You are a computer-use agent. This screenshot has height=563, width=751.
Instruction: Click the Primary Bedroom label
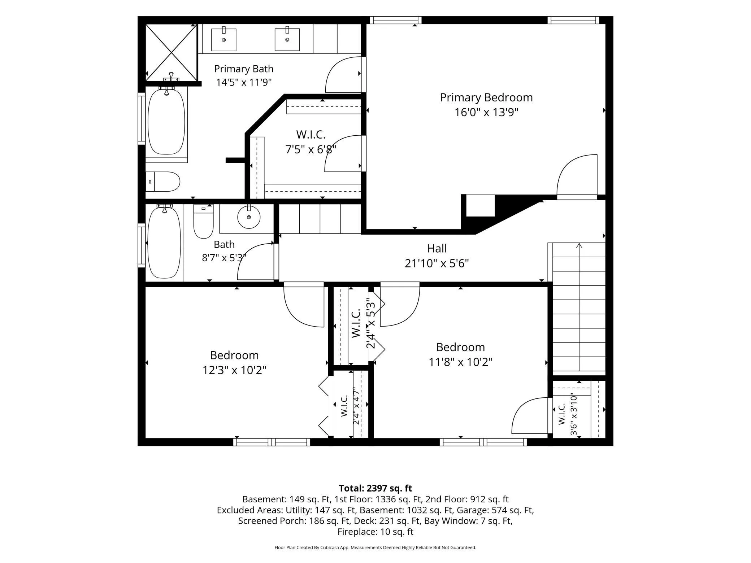click(x=486, y=97)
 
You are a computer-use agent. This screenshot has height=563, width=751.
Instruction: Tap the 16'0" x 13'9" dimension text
click(x=486, y=112)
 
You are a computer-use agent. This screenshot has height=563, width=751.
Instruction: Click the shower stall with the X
click(x=172, y=53)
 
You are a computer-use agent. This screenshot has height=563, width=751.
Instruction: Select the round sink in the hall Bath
click(x=249, y=217)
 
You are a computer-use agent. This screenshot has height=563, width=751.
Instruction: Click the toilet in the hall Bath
click(x=203, y=221)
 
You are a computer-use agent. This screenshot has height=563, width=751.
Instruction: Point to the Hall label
click(x=437, y=248)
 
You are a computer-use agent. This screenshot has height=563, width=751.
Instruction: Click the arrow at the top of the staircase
click(x=579, y=246)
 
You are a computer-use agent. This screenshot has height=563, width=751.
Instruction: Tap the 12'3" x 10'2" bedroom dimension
click(x=234, y=370)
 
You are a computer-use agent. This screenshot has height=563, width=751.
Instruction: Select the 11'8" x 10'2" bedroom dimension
click(x=460, y=362)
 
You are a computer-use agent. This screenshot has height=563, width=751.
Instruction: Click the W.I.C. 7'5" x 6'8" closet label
click(x=311, y=142)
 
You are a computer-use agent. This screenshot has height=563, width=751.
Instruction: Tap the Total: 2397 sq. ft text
click(x=375, y=488)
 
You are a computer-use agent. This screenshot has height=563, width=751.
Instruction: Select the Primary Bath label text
click(x=244, y=69)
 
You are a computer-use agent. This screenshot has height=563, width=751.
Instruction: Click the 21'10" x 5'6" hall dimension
click(x=437, y=263)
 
